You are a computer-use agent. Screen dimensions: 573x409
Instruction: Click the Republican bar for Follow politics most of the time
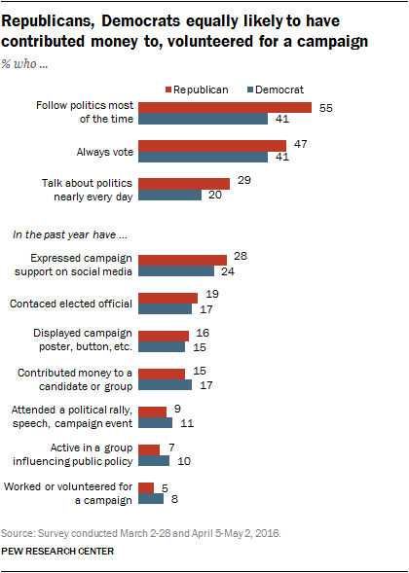[225, 106]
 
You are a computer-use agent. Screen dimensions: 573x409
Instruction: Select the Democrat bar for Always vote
[204, 157]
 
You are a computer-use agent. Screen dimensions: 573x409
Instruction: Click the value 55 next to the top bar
[324, 106]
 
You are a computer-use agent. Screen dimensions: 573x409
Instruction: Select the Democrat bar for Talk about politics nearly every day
[170, 195]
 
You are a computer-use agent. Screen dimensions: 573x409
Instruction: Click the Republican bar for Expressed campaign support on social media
[183, 260]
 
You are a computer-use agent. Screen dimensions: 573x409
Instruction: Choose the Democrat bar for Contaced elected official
[166, 309]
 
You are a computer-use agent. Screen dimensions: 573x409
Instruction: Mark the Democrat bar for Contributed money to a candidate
[166, 384]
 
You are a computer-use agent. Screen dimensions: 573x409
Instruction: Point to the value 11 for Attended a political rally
[186, 423]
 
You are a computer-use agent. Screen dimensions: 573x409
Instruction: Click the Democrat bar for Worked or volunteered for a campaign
[151, 499]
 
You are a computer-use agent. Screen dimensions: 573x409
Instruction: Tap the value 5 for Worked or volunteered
[166, 484]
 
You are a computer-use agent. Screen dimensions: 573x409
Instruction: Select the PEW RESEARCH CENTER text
[58, 552]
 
